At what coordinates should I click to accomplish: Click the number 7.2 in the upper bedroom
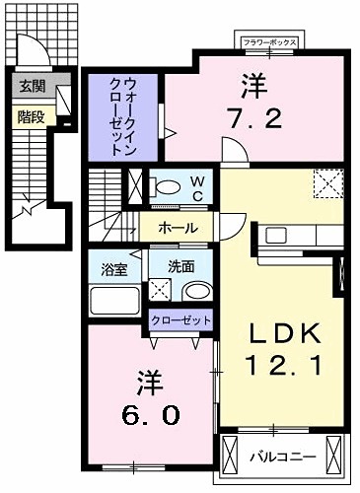[x=260, y=119]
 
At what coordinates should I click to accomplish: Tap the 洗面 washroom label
[x=180, y=266]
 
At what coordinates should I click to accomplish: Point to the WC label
[x=196, y=185]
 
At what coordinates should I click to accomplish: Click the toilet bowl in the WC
[x=167, y=185]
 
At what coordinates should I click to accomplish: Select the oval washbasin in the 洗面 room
[x=197, y=292]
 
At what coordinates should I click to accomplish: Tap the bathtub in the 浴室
[x=116, y=297]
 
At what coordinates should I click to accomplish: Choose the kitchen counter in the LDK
[x=301, y=237]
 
